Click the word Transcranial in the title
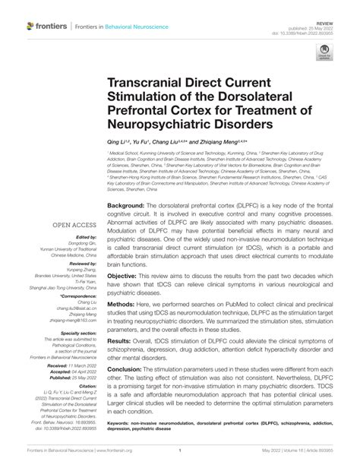pyautogui.click(x=156, y=89)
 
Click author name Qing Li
pyautogui.click(x=119, y=141)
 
